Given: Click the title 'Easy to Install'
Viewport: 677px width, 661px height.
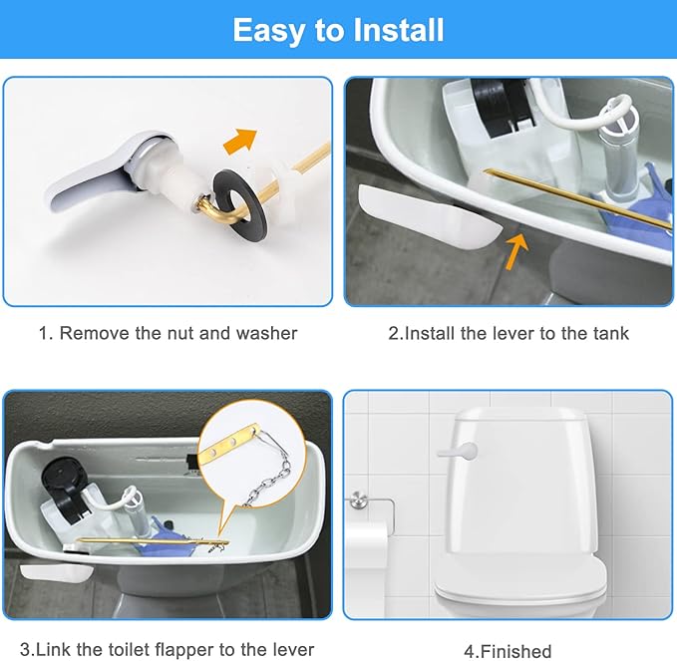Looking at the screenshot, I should coord(338,30).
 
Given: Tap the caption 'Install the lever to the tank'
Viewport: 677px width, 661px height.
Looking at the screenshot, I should coord(508,333).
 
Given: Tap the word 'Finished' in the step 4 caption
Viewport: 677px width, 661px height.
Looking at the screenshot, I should coord(515,651).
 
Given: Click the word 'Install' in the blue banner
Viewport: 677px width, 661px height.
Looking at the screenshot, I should coord(392,30).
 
